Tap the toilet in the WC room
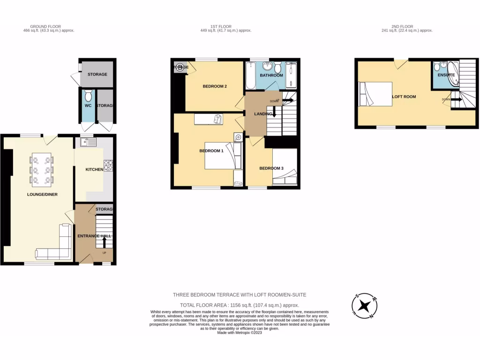pyautogui.click(x=88, y=97)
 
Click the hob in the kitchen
pyautogui.click(x=108, y=165)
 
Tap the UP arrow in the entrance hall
pyautogui.click(x=104, y=242)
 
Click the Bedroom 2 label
pyautogui.click(x=215, y=86)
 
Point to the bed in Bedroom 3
pyautogui.click(x=285, y=168)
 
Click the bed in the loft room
pyautogui.click(x=375, y=96)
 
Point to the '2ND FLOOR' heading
pyautogui.click(x=406, y=27)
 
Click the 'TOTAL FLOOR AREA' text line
pyautogui.click(x=240, y=305)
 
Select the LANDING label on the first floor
pyautogui.click(x=263, y=114)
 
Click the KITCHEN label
pyautogui.click(x=94, y=169)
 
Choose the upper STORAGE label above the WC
pyautogui.click(x=97, y=74)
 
